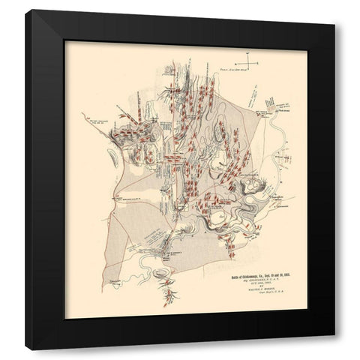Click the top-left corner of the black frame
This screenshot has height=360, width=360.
click(25, 25)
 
